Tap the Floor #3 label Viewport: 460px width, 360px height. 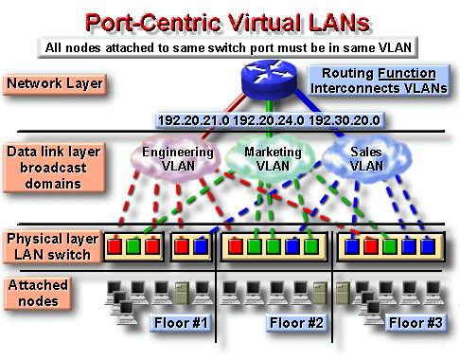click(x=416, y=323)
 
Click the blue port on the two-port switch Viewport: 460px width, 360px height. click(x=199, y=247)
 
